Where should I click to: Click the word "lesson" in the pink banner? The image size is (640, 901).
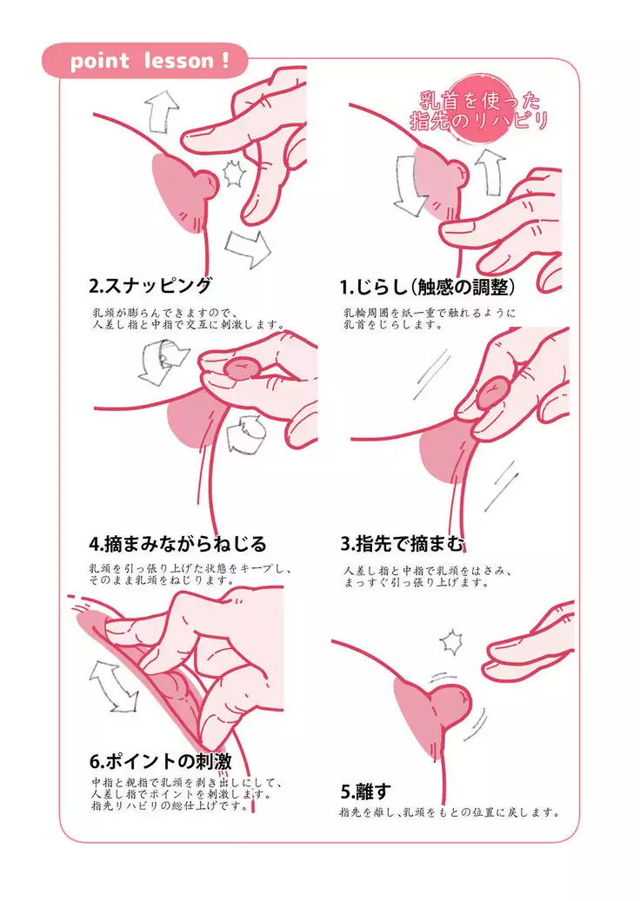point(177,60)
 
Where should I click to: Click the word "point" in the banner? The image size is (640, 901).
point(99,62)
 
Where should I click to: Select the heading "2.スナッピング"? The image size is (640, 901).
point(151,285)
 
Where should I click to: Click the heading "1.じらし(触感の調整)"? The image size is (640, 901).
point(427,287)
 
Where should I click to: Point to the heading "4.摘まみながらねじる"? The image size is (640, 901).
point(178,543)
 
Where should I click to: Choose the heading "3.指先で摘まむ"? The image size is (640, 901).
point(402,543)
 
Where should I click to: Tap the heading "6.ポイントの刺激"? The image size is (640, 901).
point(160,761)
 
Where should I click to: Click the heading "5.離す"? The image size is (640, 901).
point(366,792)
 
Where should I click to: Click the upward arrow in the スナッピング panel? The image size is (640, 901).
point(161,112)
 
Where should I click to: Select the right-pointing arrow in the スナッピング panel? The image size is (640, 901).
point(248,248)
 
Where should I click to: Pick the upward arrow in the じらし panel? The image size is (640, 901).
point(489,170)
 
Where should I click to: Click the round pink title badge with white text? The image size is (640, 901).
point(477,110)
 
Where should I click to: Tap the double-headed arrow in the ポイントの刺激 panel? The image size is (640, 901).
point(114,685)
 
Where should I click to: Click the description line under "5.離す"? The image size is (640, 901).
point(449,812)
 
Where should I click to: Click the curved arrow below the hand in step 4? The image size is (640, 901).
point(245,435)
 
